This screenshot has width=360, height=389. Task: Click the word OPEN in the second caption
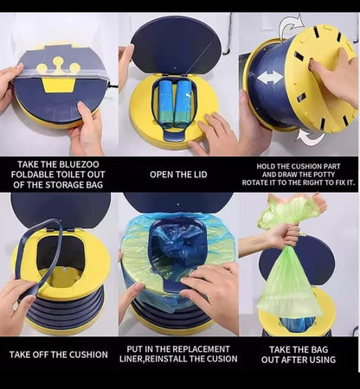[163, 172]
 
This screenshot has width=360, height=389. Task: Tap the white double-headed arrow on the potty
[270, 77]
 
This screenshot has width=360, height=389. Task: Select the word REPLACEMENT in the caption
[196, 348]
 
